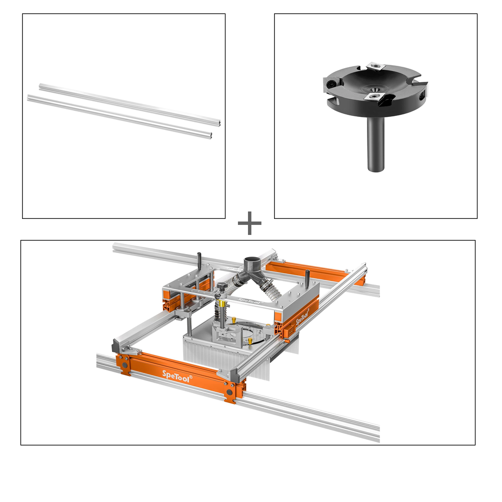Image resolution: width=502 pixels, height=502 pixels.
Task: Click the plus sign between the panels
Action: click(x=249, y=224)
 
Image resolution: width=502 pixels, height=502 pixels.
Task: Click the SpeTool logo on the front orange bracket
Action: click(x=176, y=374)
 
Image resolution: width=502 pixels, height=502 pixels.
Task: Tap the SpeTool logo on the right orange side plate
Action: click(x=302, y=317)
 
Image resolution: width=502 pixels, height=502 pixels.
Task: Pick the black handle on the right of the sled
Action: click(x=307, y=276)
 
